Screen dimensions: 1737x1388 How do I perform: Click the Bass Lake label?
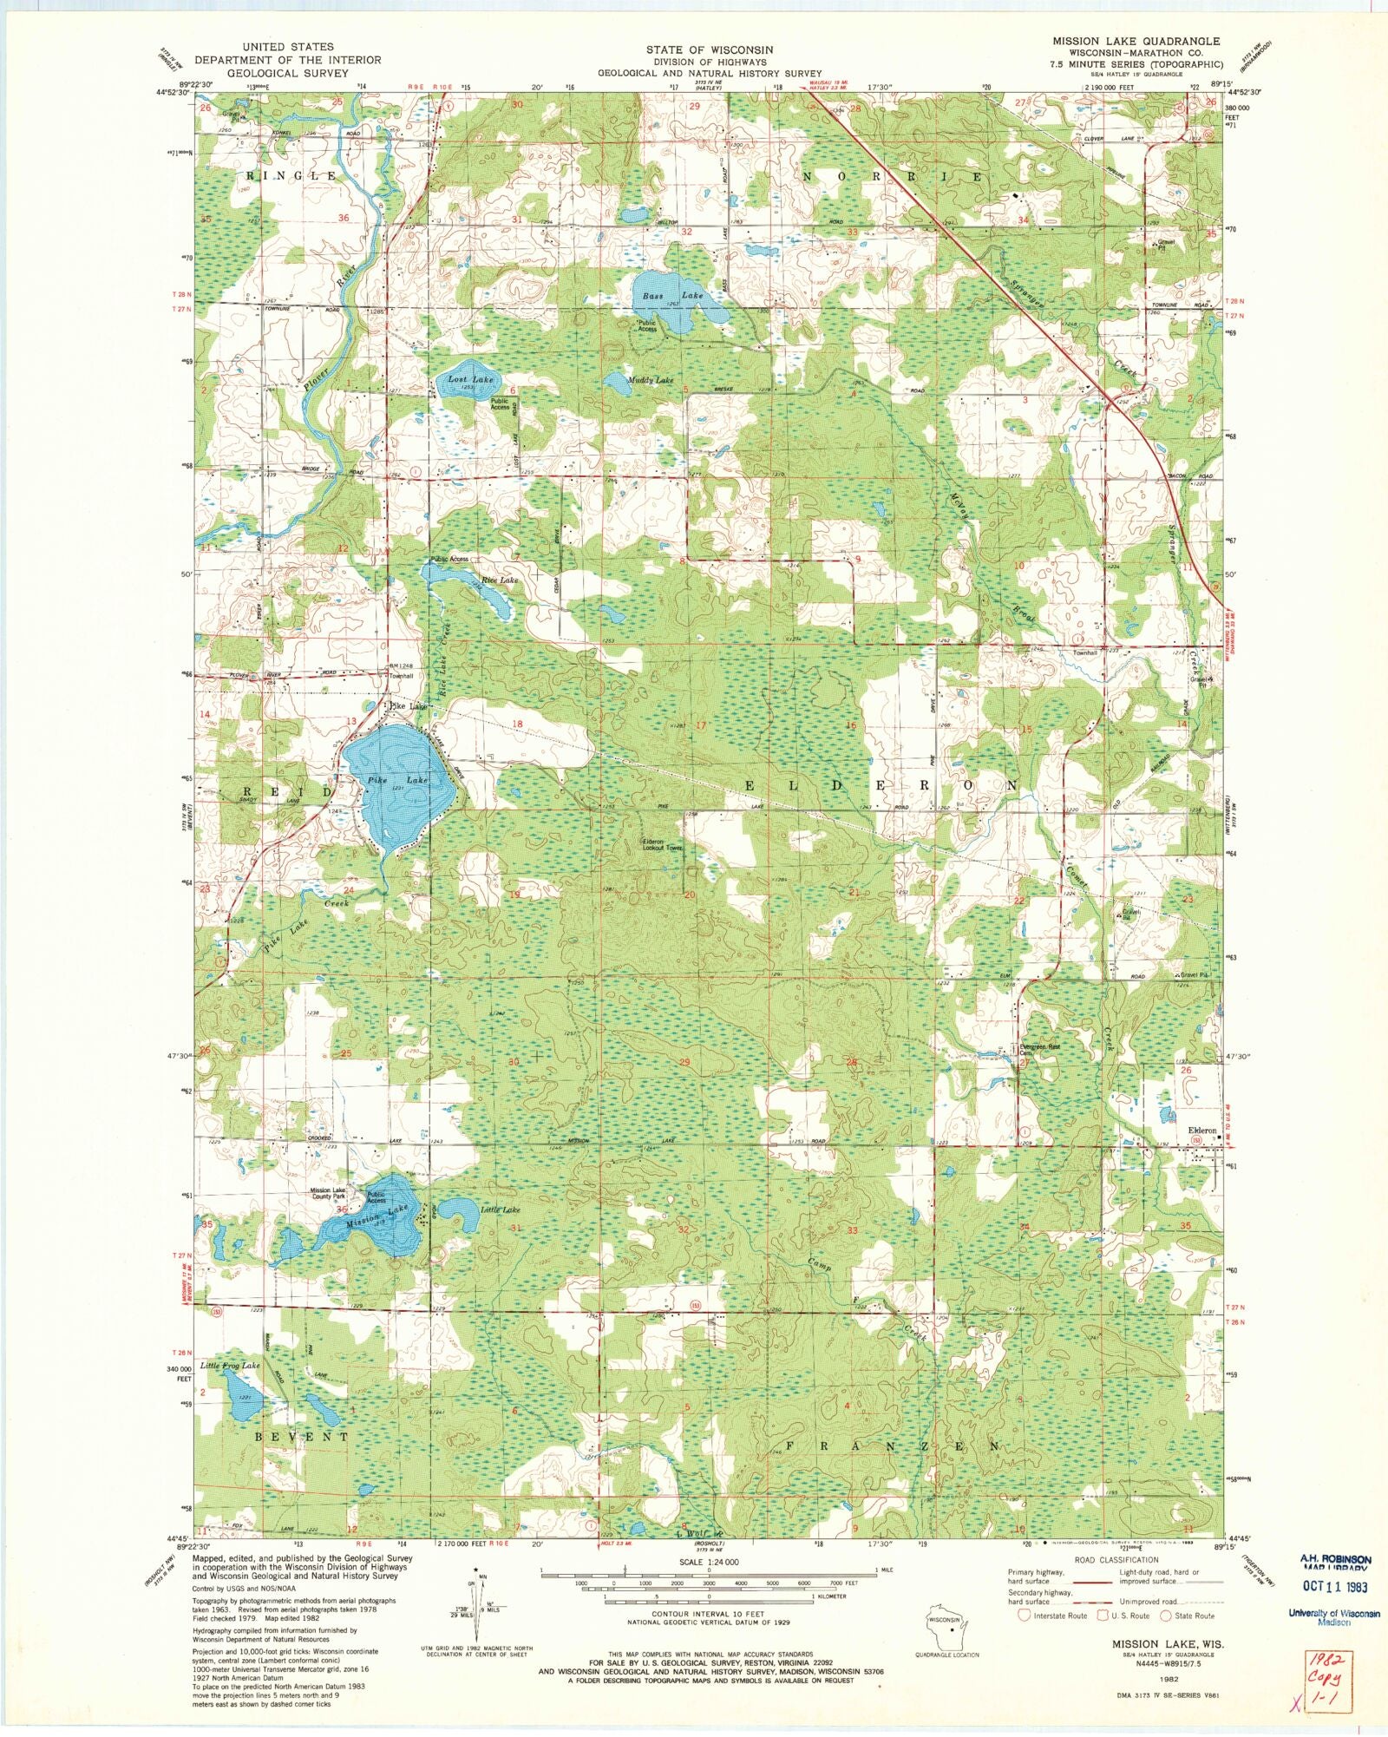[672, 296]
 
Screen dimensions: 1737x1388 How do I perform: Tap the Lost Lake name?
[470, 380]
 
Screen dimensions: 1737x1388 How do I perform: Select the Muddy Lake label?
[651, 380]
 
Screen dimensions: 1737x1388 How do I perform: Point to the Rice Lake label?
[500, 580]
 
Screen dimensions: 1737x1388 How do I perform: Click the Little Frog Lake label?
[230, 1366]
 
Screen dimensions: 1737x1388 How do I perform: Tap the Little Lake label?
[501, 1209]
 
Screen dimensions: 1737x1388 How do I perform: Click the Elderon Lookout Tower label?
[662, 843]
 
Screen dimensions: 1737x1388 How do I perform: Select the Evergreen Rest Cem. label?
[1040, 1050]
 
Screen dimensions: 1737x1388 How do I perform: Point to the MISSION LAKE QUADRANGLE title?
[1136, 41]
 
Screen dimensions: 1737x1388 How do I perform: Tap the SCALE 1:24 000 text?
[709, 1562]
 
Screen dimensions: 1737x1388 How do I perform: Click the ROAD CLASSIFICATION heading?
[1115, 1560]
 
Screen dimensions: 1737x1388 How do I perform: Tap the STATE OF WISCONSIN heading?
[710, 50]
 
